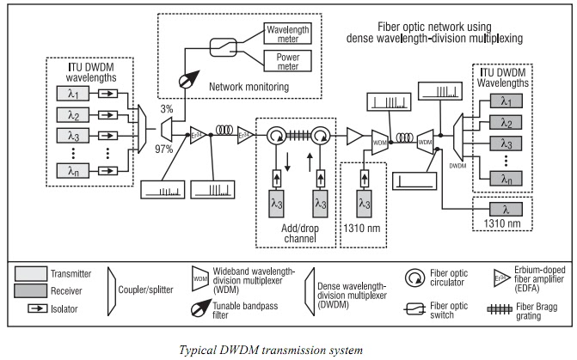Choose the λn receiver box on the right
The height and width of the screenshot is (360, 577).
coord(505,179)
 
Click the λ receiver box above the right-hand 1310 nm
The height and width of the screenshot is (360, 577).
coord(504,209)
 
